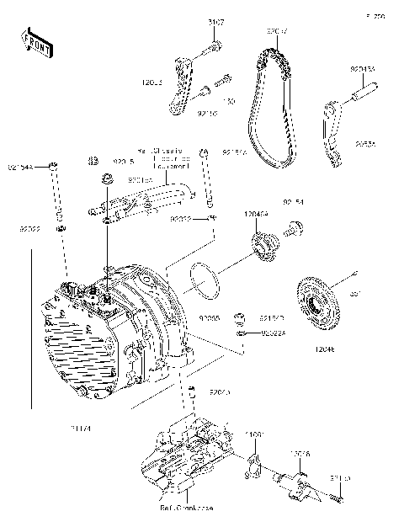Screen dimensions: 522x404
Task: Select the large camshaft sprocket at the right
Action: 321,302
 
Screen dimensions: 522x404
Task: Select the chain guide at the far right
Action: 333,131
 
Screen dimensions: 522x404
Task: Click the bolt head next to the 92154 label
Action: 295,225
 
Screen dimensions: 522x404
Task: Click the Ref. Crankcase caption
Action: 187,509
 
